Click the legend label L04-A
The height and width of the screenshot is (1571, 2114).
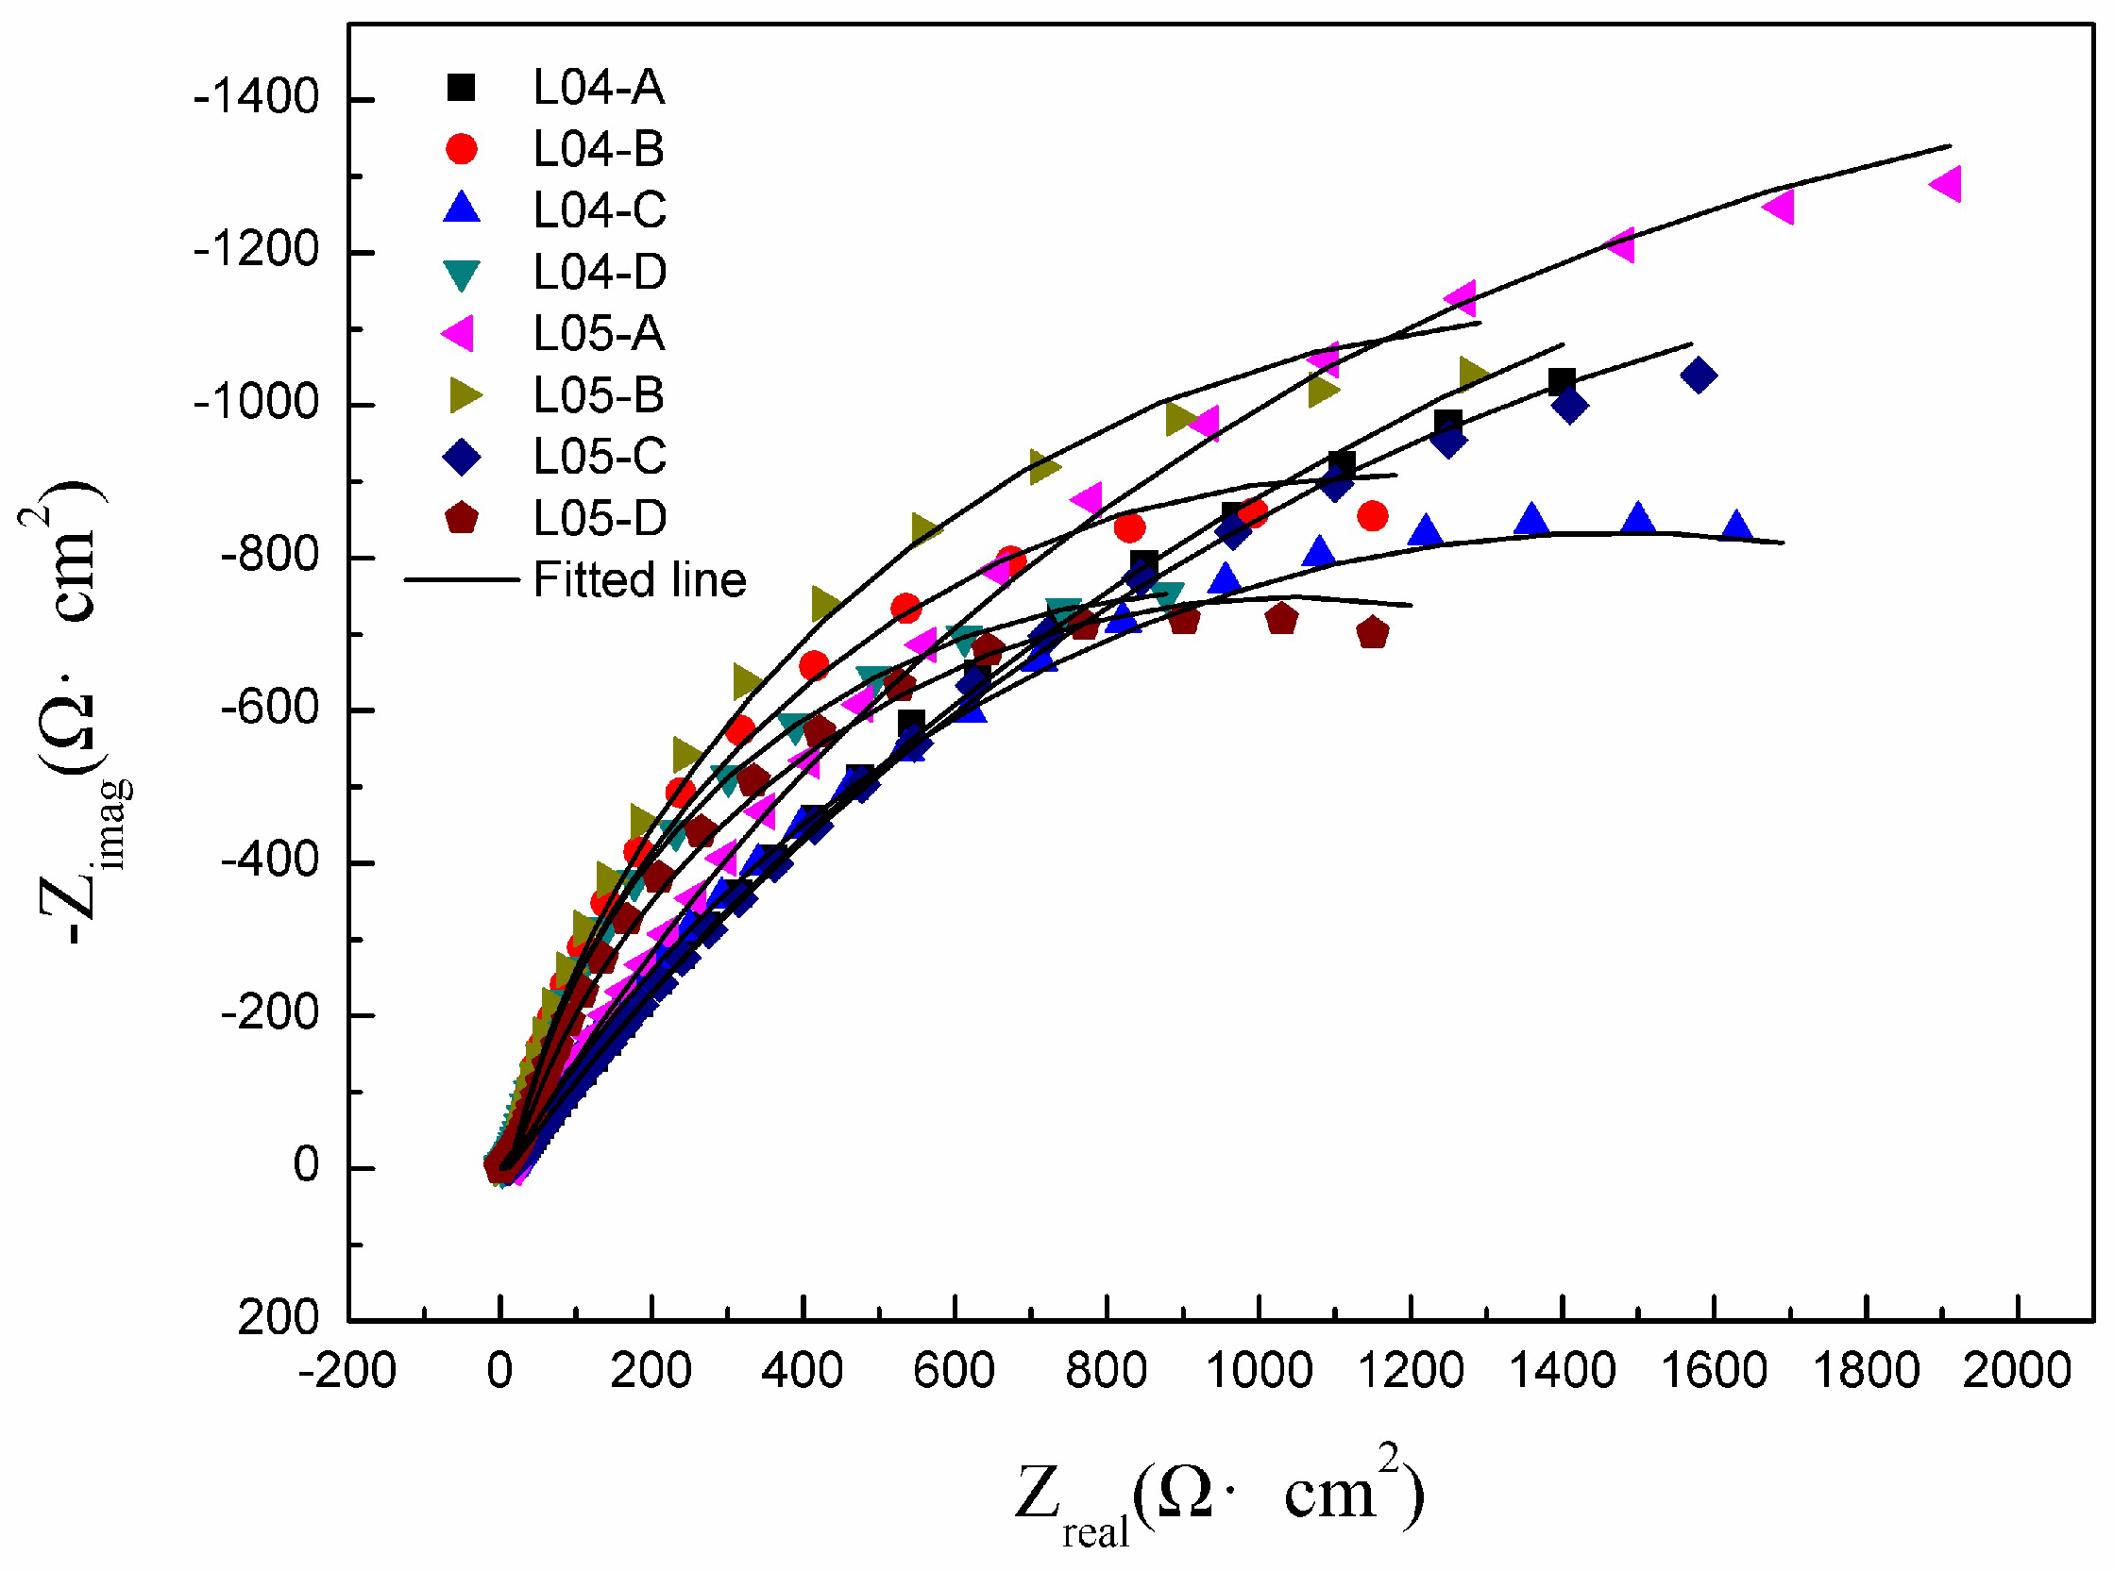tap(598, 88)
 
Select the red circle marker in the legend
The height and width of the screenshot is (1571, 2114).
tap(462, 149)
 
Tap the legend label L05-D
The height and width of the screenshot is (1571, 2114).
tap(600, 518)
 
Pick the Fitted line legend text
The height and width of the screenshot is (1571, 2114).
tap(639, 580)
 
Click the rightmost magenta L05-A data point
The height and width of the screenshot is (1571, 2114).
tap(1947, 184)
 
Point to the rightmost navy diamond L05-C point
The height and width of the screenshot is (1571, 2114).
tap(1699, 376)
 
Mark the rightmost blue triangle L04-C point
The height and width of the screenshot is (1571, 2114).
tap(1736, 525)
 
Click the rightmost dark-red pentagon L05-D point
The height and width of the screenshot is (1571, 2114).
tap(1372, 632)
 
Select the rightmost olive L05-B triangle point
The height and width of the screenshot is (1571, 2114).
tap(1473, 375)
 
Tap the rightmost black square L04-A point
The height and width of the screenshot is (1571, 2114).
tap(1562, 382)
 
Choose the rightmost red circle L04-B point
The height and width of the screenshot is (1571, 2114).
tap(1372, 516)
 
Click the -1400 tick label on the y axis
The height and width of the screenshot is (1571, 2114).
tap(255, 98)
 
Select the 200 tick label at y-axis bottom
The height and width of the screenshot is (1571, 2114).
tap(278, 1318)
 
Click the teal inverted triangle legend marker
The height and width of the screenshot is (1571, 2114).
tap(462, 274)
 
